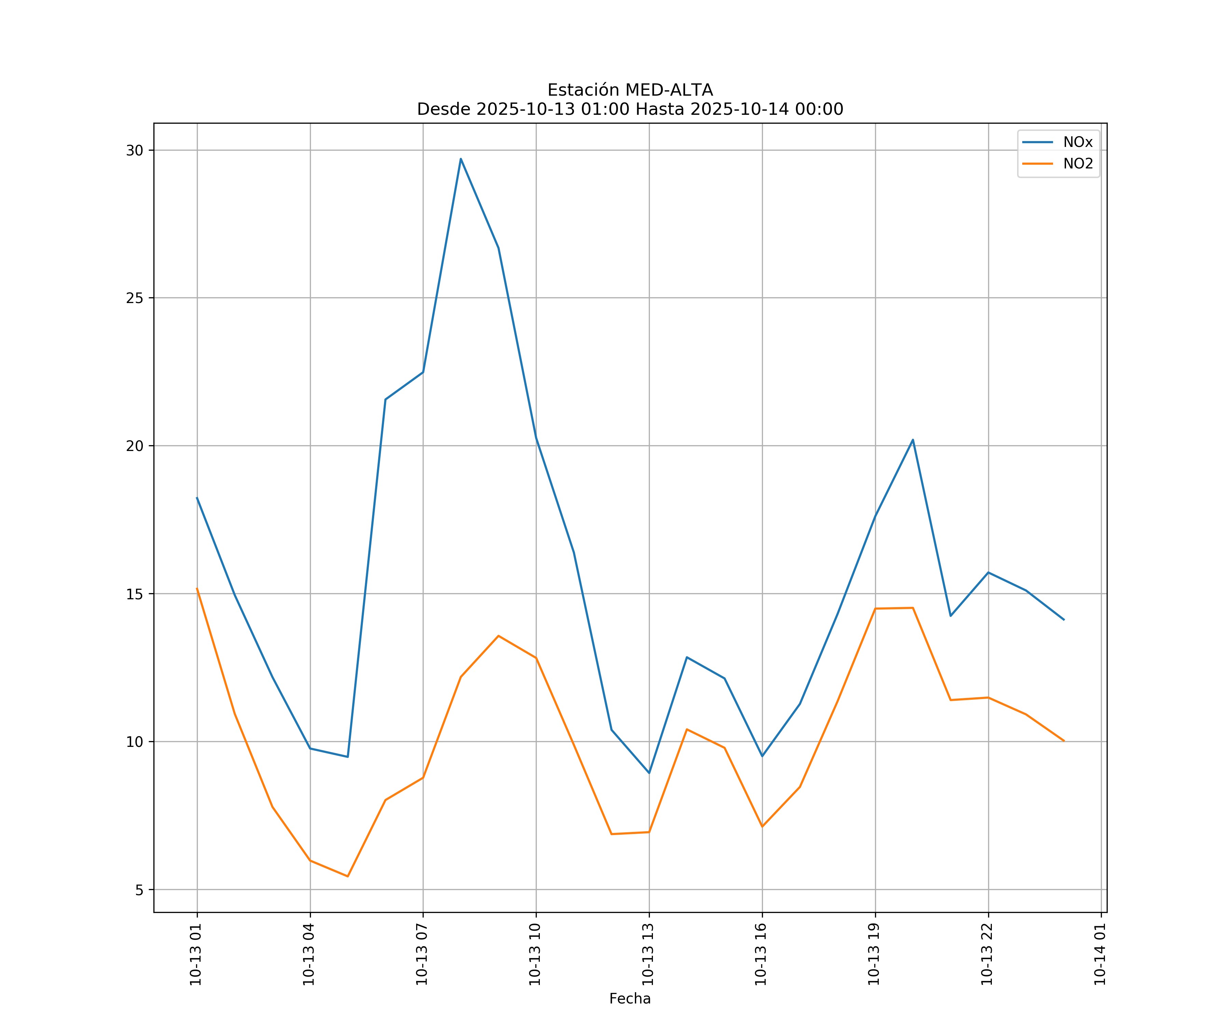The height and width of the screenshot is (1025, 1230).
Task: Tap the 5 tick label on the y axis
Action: coord(139,890)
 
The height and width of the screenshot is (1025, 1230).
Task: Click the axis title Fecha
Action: coord(630,999)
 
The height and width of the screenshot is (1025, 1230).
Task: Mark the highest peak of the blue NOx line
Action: coord(461,159)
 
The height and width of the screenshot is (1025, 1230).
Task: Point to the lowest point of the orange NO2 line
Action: coord(347,876)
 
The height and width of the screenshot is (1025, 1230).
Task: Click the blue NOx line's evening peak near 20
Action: coord(913,440)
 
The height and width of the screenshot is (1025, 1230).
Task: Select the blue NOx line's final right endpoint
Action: coord(1064,620)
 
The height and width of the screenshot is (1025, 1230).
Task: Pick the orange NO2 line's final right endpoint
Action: coord(1064,741)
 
